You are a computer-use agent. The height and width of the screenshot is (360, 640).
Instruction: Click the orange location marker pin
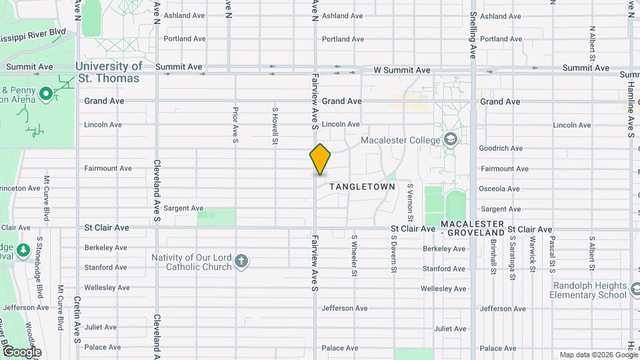pos(320,159)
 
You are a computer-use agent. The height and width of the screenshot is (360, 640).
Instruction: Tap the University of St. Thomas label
pos(109,72)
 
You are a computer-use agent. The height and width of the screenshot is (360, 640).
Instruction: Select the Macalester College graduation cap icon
pos(451,139)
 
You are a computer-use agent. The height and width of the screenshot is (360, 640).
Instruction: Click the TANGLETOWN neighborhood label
pos(362,187)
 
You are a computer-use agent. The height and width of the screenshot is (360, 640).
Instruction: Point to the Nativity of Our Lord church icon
pos(241,262)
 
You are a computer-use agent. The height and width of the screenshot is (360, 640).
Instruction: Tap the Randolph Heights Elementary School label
pos(590,290)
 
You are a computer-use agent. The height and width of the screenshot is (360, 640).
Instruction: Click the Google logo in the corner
pos(21,351)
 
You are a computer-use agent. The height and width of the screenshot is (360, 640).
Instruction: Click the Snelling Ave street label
pos(473,35)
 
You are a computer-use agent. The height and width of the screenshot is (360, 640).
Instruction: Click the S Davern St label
pos(393,253)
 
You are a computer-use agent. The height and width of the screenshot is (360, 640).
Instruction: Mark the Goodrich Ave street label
pos(501,148)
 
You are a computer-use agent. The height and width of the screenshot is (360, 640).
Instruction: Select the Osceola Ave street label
pos(499,189)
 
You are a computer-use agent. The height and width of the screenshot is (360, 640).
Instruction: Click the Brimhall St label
pos(493,257)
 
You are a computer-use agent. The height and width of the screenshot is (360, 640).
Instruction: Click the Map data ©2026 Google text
pos(597,355)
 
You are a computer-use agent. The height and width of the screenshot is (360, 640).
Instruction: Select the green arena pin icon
pos(46,94)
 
